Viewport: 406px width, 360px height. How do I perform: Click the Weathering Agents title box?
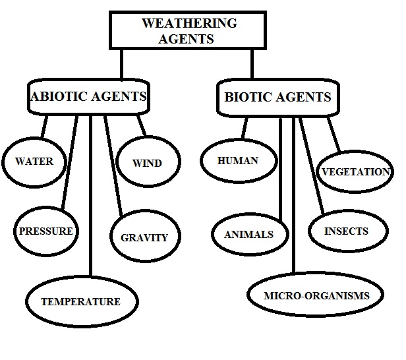click(x=188, y=31)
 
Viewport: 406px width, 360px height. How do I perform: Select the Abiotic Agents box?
click(x=89, y=97)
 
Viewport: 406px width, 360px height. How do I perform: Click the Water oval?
click(x=34, y=161)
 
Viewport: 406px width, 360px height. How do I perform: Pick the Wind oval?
click(x=146, y=162)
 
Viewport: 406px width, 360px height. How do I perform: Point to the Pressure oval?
click(x=46, y=231)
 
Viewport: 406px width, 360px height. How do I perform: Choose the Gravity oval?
click(x=144, y=237)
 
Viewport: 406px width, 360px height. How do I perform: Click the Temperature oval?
click(x=80, y=301)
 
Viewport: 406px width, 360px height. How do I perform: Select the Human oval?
click(x=238, y=160)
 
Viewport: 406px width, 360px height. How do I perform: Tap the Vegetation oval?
click(x=355, y=172)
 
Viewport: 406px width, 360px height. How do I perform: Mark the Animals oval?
click(x=248, y=234)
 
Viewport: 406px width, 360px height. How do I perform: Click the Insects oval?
click(x=346, y=231)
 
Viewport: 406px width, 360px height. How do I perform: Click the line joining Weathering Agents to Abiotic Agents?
click(x=122, y=65)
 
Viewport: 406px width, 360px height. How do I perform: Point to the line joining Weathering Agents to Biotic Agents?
click(x=251, y=65)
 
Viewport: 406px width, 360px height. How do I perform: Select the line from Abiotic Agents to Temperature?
click(x=90, y=198)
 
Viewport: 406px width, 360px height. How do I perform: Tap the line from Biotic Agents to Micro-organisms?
click(x=293, y=198)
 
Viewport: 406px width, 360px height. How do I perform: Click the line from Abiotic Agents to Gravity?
click(x=113, y=165)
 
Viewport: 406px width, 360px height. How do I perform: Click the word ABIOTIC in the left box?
click(x=58, y=97)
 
